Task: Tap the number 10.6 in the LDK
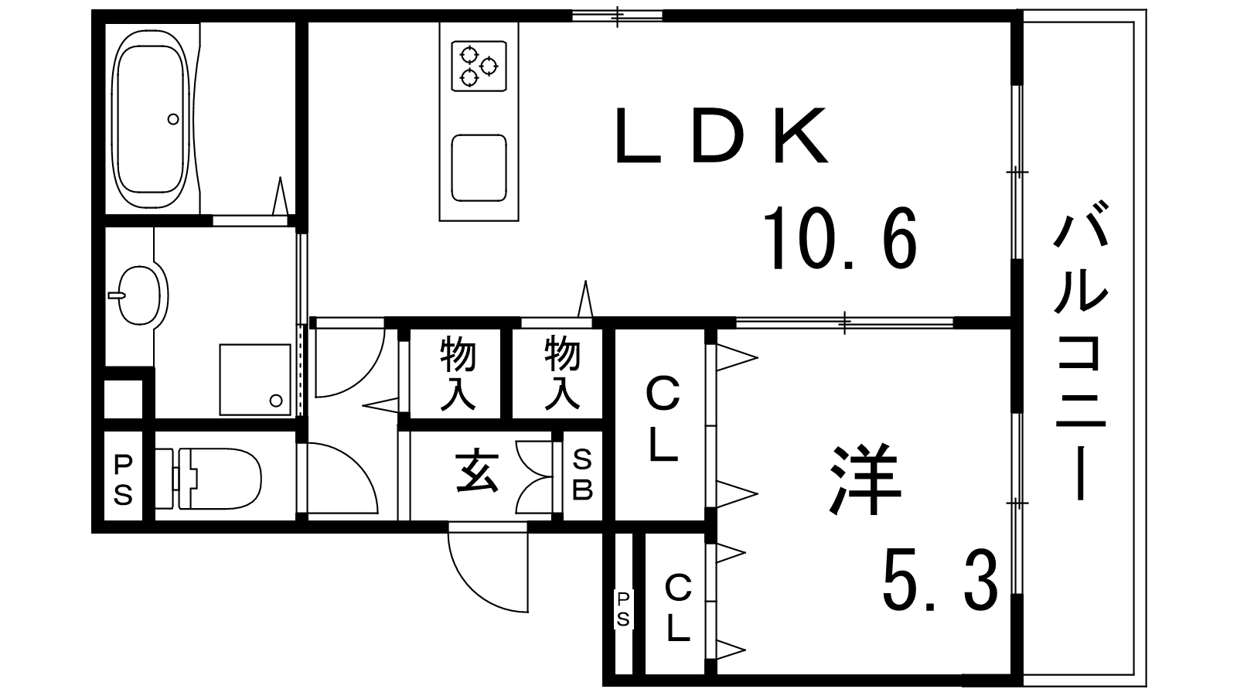[840, 238]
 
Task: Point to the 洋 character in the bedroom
[864, 480]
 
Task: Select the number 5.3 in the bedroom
[939, 581]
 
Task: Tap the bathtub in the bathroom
[151, 118]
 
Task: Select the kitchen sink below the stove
[479, 168]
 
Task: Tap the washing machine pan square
[254, 380]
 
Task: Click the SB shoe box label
[582, 476]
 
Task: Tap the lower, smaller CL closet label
[678, 609]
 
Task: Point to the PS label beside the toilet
[124, 479]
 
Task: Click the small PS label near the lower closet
[623, 609]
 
